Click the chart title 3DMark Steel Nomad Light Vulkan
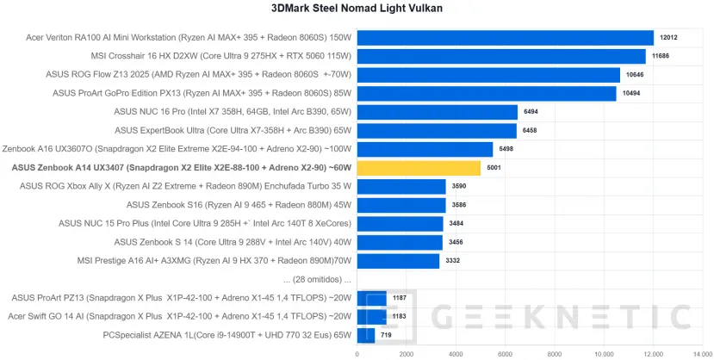coord(357,9)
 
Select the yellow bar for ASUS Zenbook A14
coord(418,168)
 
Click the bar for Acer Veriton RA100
coord(505,38)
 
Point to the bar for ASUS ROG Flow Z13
coord(488,75)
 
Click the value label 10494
coord(632,94)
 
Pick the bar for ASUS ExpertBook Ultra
coord(437,131)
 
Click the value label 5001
coord(494,168)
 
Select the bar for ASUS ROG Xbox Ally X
coord(400,186)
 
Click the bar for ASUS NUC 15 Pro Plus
coord(400,224)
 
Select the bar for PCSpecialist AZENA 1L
coord(365,335)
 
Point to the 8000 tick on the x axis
coord(555,353)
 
